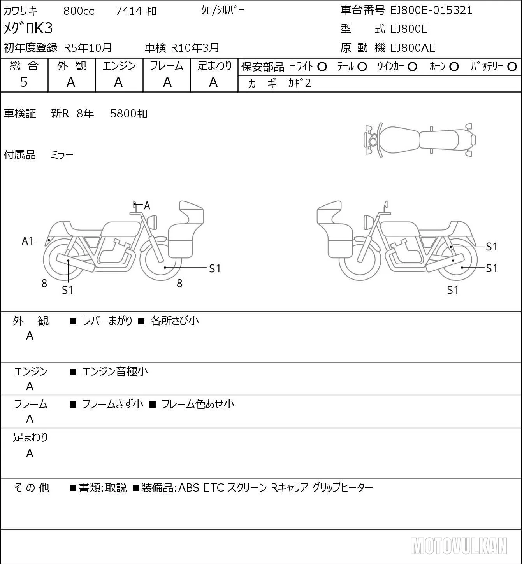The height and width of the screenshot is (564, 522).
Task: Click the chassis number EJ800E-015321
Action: point(431,11)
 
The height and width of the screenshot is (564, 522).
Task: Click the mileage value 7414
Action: point(129,11)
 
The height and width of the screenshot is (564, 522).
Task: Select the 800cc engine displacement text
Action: point(79,11)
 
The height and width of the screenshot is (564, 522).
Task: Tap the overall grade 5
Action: point(24,82)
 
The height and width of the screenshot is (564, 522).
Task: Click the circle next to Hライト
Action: point(322,67)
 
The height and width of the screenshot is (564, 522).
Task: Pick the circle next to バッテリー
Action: point(512,67)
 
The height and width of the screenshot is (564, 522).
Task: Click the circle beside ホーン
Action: point(454,67)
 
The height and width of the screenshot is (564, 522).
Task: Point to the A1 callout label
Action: point(28,241)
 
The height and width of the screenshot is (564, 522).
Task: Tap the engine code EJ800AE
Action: point(413,48)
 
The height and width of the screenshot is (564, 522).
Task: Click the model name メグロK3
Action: point(28,28)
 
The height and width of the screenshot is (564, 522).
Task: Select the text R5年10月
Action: point(88,48)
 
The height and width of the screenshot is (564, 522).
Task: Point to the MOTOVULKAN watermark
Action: point(459,546)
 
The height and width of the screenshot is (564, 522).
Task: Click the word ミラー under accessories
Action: point(62,155)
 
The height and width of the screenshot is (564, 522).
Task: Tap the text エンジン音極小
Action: point(115,371)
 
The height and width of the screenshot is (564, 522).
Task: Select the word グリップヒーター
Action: point(342,488)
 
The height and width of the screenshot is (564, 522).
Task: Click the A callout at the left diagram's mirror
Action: point(147,206)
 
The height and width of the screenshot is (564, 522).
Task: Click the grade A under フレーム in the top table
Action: point(167,82)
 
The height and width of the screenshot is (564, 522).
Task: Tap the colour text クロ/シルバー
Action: point(223,11)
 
